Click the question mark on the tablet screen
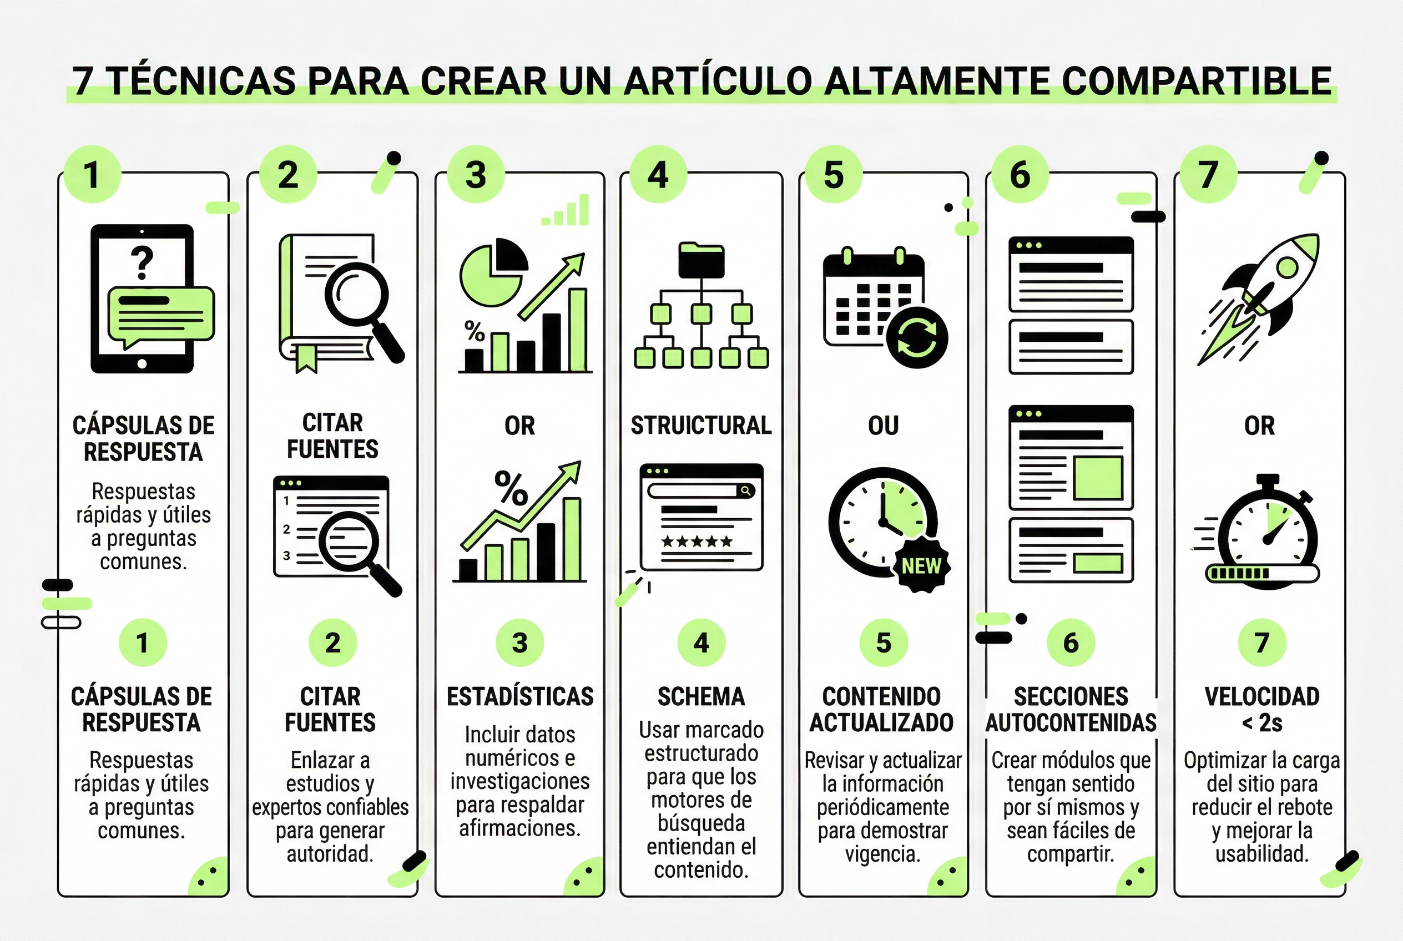point(142,263)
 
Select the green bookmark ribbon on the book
point(306,358)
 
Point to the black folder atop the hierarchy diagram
point(701,260)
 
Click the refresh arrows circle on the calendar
point(916,337)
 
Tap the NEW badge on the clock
point(921,565)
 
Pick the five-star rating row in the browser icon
point(697,542)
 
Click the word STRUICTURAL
point(700,426)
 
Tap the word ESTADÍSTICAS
point(520,697)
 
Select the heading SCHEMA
point(700,697)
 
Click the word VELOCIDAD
point(1262,697)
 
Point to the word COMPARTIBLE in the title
point(1197,80)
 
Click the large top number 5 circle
point(833,175)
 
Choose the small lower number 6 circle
point(1071,642)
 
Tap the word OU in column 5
point(882,426)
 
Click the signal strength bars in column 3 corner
point(566,211)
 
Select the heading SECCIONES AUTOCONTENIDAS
point(1071,709)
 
